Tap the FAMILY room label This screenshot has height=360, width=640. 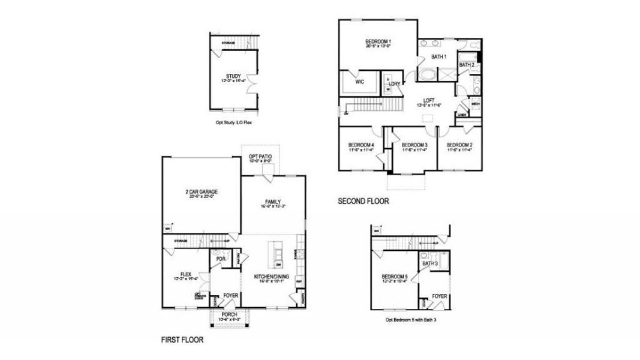(273, 202)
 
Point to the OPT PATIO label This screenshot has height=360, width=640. (260, 156)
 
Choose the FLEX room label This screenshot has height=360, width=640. (185, 274)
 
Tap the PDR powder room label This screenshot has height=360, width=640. (221, 259)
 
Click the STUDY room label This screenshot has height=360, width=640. (233, 76)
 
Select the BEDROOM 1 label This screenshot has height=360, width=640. (378, 41)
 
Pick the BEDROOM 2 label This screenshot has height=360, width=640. (460, 145)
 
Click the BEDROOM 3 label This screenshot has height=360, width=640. (414, 145)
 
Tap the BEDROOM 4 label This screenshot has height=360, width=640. (361, 145)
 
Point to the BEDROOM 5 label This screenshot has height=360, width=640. (395, 277)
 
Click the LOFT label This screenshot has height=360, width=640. (429, 100)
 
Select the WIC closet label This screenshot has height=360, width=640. (360, 81)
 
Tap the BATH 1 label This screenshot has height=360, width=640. (439, 57)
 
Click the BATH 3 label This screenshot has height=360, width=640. (429, 263)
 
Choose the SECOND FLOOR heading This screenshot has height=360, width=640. (363, 202)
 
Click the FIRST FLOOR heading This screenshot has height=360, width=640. (182, 340)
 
